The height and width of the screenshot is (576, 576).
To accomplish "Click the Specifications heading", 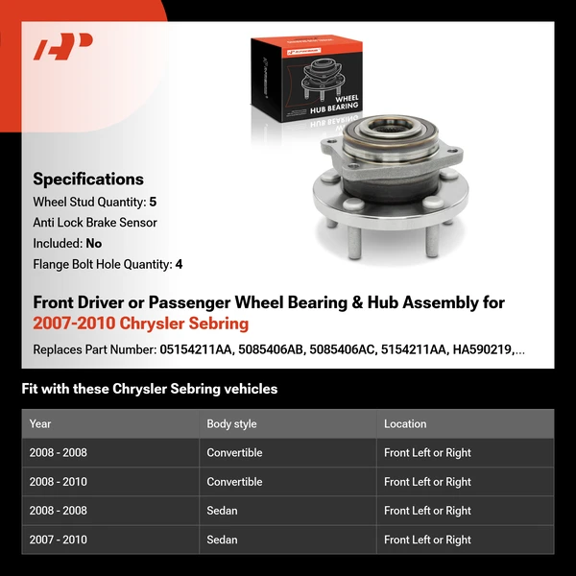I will [88, 179].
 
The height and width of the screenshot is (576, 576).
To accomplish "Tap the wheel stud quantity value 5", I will [153, 203].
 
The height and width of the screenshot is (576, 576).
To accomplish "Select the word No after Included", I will [93, 244].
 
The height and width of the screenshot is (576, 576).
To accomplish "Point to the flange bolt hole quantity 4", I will [179, 264].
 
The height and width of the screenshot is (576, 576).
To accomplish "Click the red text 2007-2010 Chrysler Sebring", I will [140, 324].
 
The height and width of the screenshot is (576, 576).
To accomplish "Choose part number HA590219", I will [487, 349].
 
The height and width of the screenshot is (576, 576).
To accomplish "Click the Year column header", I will [40, 423].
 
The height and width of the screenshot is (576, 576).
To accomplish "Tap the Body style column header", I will [231, 423].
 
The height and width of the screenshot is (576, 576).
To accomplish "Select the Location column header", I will [405, 423].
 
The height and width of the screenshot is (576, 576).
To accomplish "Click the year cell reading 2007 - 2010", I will [58, 540].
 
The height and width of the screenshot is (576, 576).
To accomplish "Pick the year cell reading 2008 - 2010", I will [58, 482].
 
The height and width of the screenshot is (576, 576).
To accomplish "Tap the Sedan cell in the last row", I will [222, 540].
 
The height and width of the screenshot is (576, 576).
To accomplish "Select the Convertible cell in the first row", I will [234, 453].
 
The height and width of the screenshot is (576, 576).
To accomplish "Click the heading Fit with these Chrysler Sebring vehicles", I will [150, 389].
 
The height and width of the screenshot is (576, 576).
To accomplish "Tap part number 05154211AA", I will [197, 349].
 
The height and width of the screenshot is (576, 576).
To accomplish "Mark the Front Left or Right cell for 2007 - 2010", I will [427, 540].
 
